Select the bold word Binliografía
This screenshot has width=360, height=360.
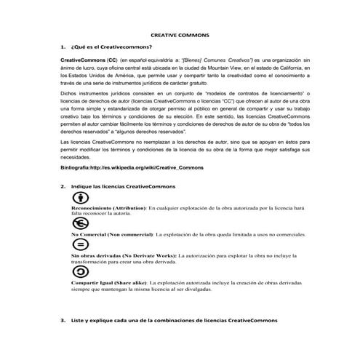(80, 188)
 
